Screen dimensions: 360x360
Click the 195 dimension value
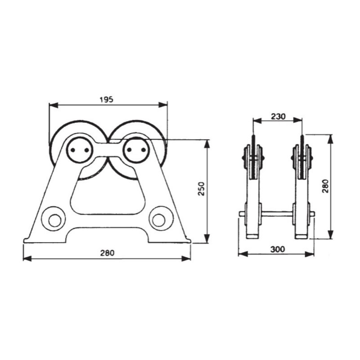coord(107,99)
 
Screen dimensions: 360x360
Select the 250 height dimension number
coord(202,191)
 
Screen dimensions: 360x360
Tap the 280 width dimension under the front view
coord(107,253)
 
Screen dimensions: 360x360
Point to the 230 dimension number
coord(278,116)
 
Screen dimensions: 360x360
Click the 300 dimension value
coord(278,249)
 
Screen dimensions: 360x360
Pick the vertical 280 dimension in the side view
coord(325,185)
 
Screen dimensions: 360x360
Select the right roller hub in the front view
coord(135,150)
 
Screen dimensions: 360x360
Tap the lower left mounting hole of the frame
coord(54,219)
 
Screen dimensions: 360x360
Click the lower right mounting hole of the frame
coord(159,219)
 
